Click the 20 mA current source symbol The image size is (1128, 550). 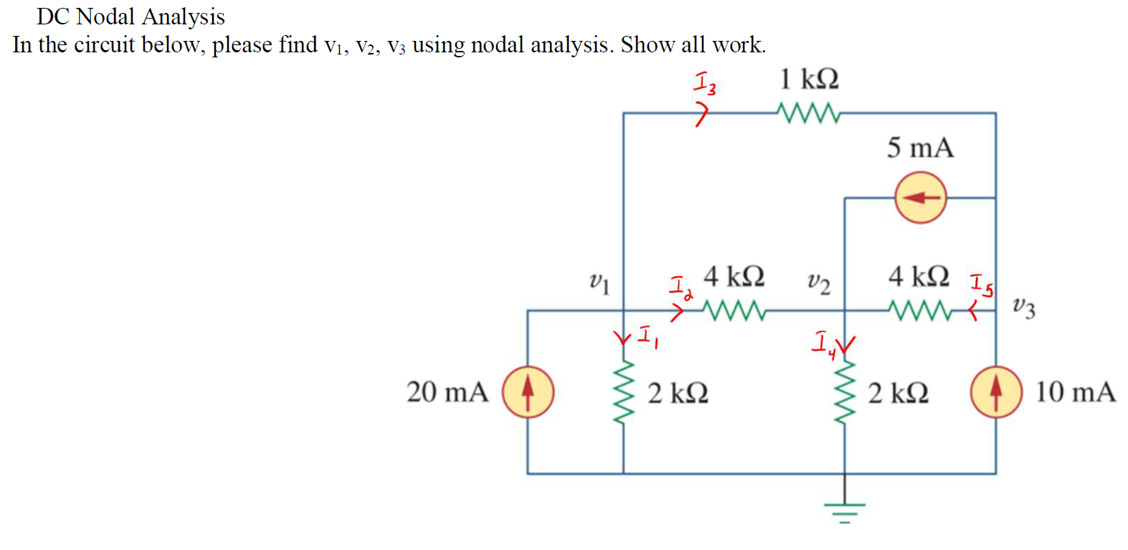528,392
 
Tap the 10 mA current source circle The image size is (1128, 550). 995,392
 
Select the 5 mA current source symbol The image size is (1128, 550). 920,197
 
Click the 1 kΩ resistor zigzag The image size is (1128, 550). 808,113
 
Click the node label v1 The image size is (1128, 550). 599,283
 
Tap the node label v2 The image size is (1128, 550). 818,283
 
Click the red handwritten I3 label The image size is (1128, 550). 704,83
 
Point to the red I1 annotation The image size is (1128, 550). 648,337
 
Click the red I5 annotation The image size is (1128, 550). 982,285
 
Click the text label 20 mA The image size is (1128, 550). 447,392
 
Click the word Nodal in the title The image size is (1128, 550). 105,16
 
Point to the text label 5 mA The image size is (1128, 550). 920,148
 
